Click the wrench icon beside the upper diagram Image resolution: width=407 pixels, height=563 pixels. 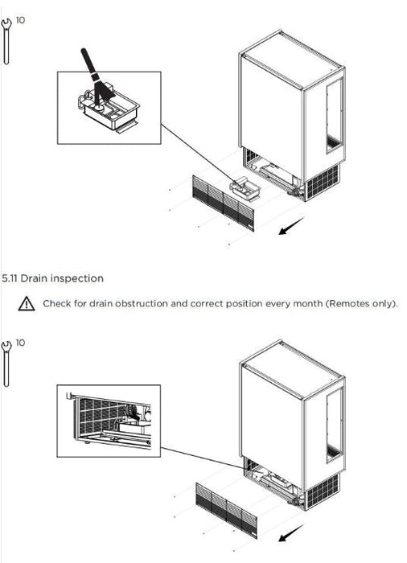coord(6,41)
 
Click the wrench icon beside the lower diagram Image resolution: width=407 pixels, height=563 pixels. coord(6,364)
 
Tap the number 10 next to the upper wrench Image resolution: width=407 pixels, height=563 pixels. coord(20,20)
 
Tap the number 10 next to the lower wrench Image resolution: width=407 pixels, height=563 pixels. coord(20,343)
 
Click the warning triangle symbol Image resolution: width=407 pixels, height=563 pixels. coord(27,304)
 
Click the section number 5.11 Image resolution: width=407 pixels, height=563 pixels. coord(10,278)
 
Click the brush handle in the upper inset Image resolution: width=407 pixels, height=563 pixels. coord(88,61)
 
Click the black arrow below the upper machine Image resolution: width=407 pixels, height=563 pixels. coord(291,226)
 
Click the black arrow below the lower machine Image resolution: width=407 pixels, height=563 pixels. coord(290,532)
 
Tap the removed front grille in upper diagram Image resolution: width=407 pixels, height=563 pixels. coord(223,203)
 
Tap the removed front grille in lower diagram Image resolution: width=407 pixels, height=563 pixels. coord(227,510)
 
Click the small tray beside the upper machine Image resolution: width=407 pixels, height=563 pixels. coord(245,189)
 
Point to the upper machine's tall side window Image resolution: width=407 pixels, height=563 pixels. coord(334,116)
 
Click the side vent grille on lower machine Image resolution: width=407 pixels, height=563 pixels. coord(323,491)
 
